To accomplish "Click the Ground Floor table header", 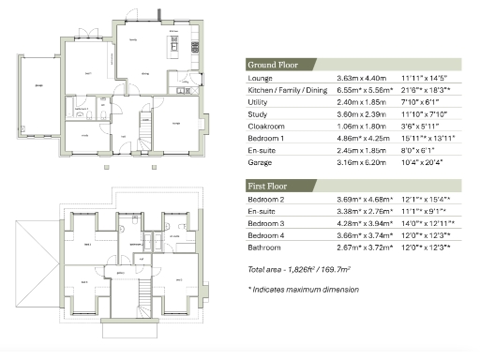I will point(273,65).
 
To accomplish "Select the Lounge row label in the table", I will point(260,78).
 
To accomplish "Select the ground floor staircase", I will point(145,125).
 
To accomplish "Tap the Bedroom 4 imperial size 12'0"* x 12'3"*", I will point(424,237).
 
